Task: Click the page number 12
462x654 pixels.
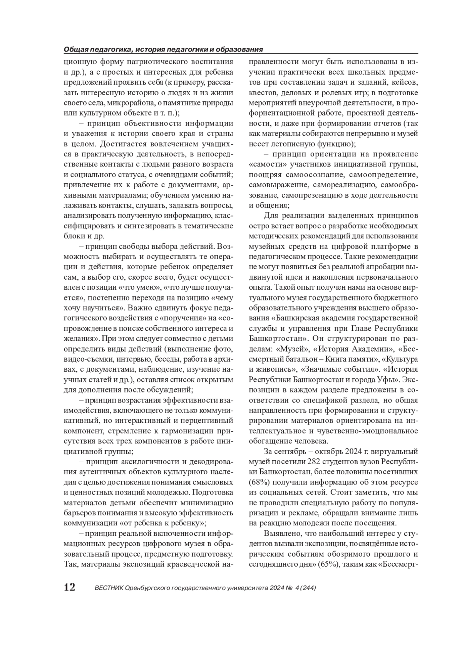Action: point(69,587)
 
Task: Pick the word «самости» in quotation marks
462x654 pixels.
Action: point(264,164)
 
